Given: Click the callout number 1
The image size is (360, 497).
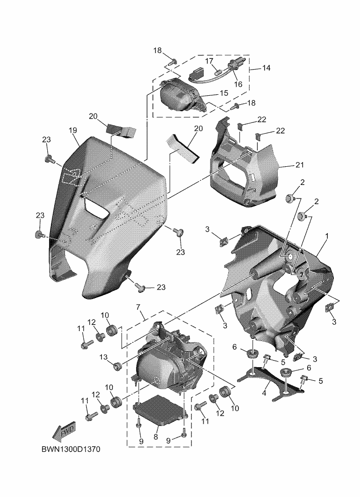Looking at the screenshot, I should pos(327,236).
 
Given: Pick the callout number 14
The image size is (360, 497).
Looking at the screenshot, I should pos(266,68).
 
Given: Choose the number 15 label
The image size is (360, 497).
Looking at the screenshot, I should pos(223,93).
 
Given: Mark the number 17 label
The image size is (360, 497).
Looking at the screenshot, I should pos(209,61).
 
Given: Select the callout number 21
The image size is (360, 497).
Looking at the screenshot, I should pos(299,165).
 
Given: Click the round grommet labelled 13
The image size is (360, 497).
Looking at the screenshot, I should pos(117,364).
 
